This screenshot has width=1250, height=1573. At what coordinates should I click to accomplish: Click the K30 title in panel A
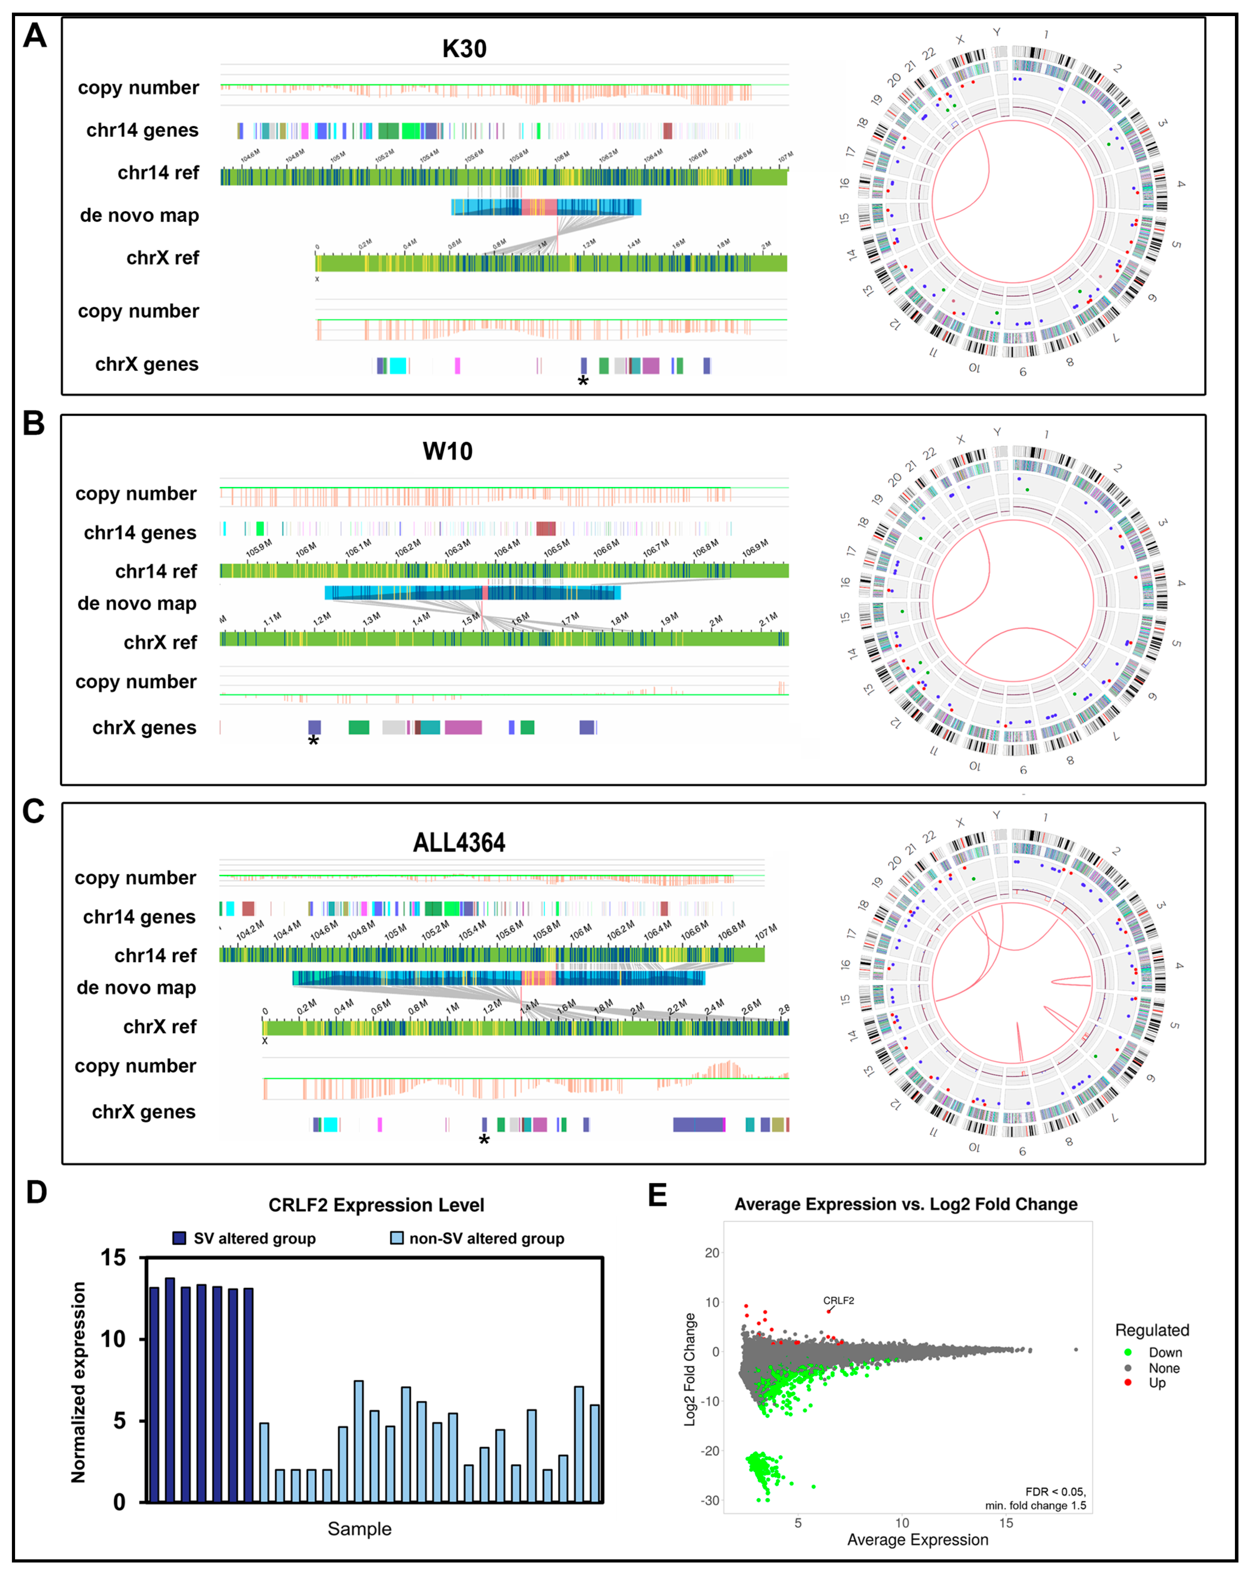click(x=464, y=49)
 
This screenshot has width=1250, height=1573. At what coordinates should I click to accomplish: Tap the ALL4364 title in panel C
click(x=459, y=843)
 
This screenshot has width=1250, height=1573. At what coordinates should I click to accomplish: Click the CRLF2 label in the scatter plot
click(x=838, y=1300)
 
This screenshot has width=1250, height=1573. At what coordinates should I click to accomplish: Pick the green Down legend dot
click(x=1128, y=1352)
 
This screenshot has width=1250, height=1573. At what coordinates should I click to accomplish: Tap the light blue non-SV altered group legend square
click(x=397, y=1238)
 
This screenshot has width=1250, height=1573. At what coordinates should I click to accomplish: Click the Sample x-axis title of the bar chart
click(x=359, y=1529)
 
